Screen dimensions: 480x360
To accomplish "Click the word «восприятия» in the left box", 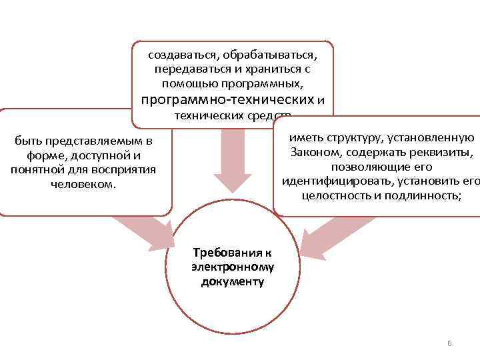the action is [124, 169].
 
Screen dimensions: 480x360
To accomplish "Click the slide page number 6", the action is [449, 343].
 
